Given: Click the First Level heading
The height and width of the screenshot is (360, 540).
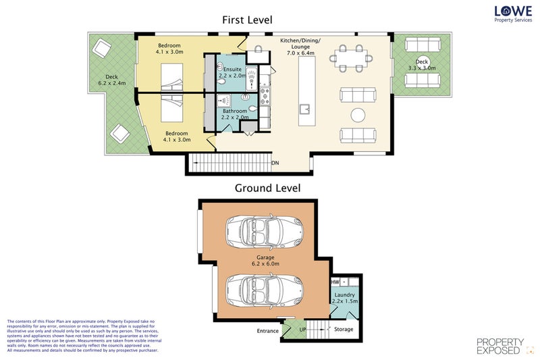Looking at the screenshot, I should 247,20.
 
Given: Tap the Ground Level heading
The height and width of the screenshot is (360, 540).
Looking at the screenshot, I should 267,188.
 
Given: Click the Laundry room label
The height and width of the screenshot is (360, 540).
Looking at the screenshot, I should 344,298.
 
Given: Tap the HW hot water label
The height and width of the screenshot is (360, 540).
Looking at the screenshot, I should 335,282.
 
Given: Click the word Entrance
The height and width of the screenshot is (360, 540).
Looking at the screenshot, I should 268,331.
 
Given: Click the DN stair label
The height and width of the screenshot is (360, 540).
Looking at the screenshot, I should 275,163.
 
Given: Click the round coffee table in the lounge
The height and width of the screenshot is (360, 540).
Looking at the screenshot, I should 357,113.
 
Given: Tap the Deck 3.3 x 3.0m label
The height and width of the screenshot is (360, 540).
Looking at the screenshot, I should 422,64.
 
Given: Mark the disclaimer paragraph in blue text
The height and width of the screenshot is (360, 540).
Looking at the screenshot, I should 81,335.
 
